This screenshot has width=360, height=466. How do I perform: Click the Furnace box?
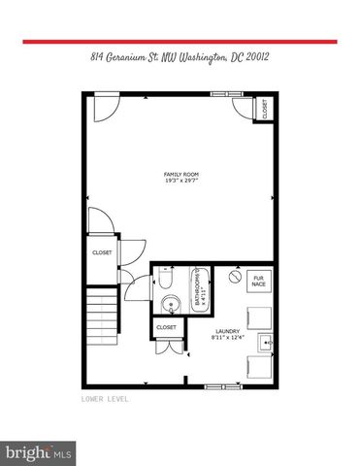(259, 282)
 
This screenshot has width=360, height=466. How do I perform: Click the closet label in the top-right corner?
(265, 111)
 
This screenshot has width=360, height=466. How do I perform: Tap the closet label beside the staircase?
(102, 252)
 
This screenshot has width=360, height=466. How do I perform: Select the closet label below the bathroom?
(166, 328)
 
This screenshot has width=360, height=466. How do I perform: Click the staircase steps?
(100, 312)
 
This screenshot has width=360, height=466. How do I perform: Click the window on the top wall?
(223, 93)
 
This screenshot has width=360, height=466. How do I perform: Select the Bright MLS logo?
(39, 452)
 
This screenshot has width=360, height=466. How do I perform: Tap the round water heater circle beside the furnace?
(234, 277)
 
